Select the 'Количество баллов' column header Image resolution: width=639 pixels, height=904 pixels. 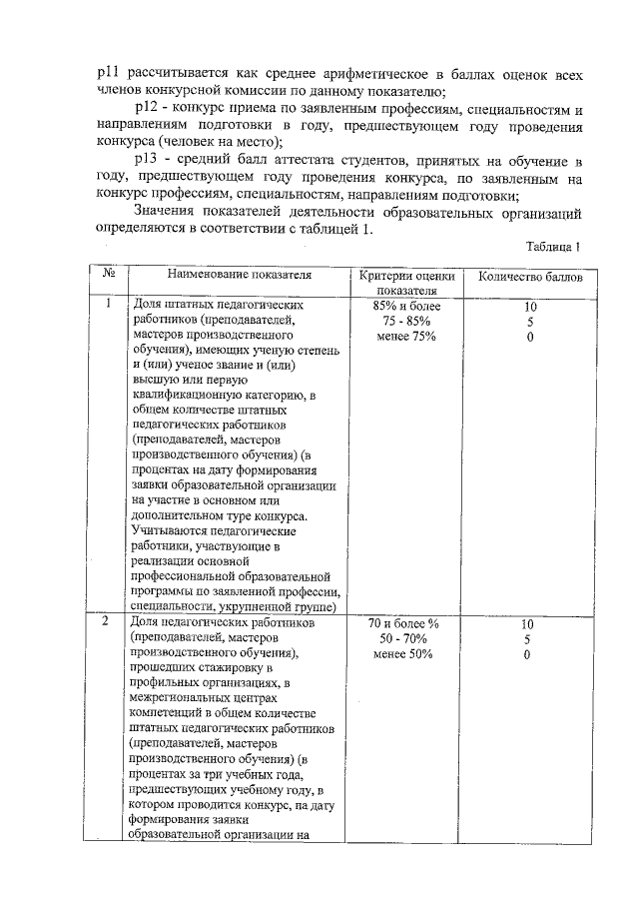[530, 277]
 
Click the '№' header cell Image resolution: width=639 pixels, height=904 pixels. [106, 273]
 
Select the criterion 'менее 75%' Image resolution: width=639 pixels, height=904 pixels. [406, 337]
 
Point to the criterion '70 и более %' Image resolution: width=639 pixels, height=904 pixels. [406, 623]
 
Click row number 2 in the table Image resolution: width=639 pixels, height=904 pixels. [106, 622]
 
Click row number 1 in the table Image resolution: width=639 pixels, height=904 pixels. [106, 305]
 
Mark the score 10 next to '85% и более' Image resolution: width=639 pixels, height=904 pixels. [530, 306]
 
